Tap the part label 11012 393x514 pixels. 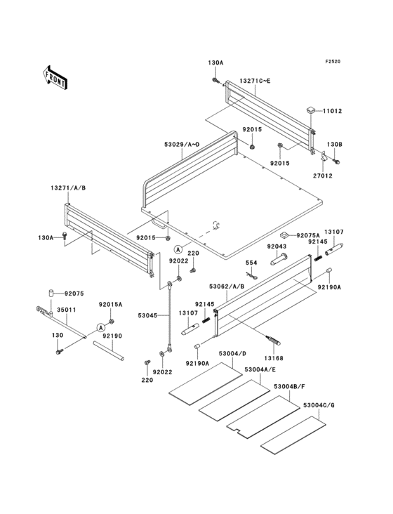click(332, 111)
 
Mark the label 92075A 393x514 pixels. click(307, 236)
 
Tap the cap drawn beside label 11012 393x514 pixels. click(309, 111)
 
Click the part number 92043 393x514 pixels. click(277, 246)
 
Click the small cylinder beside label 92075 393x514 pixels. click(51, 293)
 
